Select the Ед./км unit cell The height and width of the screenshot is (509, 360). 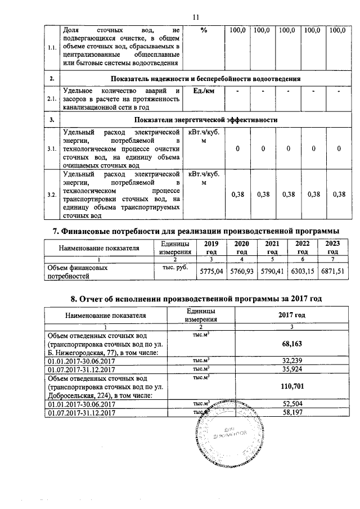(204, 91)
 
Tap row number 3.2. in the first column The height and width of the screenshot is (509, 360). (51, 195)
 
